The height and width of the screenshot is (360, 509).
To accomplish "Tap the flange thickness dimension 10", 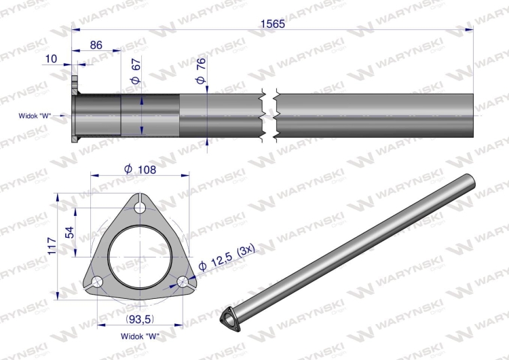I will coord(51,59).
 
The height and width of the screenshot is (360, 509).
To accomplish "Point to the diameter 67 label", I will coord(136,71).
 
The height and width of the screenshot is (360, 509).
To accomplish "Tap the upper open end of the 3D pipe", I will coord(467,180).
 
